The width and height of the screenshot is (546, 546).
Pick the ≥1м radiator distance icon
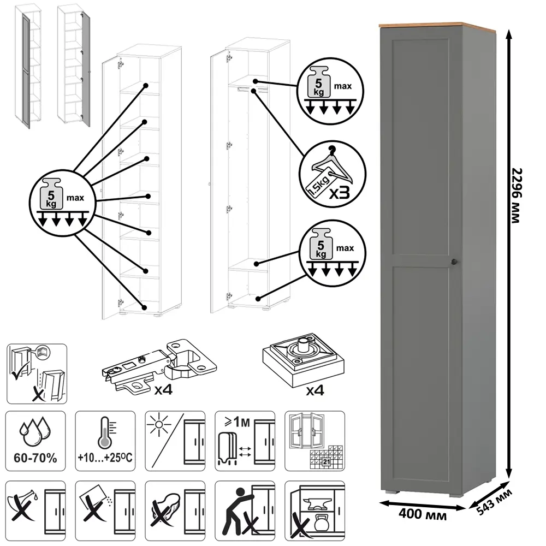[x=245, y=441]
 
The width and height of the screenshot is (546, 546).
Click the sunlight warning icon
[x=175, y=441]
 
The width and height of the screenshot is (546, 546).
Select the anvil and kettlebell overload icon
[x=316, y=511]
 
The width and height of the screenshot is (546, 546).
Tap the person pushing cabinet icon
[x=245, y=511]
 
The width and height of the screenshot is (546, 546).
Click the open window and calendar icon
[x=316, y=441]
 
